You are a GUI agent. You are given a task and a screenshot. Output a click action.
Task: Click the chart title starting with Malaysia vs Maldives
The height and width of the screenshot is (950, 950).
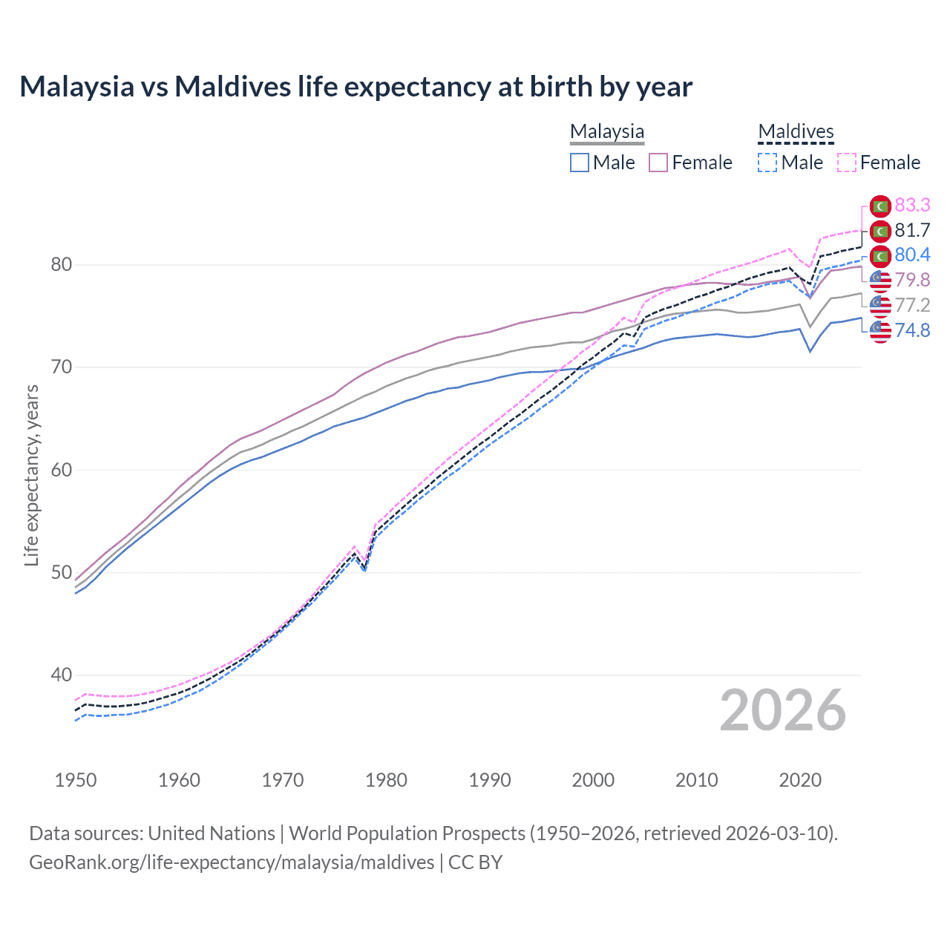pos(356,87)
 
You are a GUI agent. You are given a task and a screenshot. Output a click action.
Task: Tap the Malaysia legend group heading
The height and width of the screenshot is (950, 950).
pos(606,131)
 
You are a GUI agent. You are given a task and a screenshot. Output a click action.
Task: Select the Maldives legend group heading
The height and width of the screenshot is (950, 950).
pos(796,131)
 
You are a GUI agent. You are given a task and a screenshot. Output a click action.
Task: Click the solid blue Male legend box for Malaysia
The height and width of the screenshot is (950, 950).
pos(580,163)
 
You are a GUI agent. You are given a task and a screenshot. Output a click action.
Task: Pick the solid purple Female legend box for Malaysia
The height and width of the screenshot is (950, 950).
pos(658,163)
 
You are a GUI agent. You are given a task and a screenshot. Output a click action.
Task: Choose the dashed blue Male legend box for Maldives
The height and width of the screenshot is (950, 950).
pos(768,163)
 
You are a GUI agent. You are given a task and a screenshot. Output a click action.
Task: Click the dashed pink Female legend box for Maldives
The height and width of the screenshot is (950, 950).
pos(847,163)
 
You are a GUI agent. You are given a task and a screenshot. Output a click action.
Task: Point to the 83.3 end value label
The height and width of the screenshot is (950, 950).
pos(912,206)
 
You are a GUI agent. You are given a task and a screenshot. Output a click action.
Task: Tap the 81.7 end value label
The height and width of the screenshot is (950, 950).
pos(912,231)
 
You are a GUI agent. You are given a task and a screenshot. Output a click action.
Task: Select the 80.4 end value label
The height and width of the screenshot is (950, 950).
pos(912,255)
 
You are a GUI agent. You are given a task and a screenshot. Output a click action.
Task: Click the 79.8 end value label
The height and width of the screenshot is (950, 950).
pos(912,281)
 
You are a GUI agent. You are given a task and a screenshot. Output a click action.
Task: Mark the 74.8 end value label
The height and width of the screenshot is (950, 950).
pos(912,330)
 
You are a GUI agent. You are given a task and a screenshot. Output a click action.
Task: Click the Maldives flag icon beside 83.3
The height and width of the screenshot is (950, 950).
pos(880,206)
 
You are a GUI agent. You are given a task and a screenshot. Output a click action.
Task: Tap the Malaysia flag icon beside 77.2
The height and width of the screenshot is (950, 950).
pos(880,305)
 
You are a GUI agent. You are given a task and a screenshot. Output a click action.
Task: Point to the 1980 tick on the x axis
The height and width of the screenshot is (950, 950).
pos(386,780)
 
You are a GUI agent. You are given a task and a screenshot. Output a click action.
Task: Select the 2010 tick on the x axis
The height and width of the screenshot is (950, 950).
pos(696,780)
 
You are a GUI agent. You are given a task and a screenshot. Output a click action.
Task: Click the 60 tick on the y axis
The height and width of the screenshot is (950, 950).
pos(62,470)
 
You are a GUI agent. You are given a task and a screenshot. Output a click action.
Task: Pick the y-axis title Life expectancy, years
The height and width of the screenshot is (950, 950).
pos(31,475)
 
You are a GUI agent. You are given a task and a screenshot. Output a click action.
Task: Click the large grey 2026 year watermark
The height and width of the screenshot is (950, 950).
pos(782,711)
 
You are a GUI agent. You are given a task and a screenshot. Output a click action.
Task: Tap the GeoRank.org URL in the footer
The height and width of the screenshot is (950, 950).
pos(232,862)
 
